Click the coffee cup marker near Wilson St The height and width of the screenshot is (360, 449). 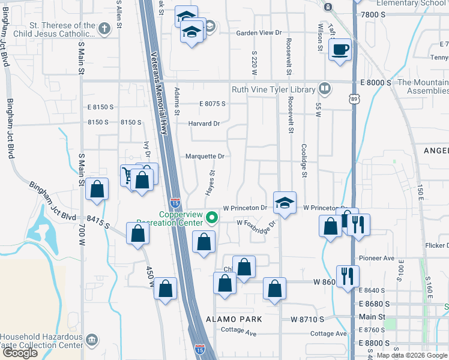coord(340,49)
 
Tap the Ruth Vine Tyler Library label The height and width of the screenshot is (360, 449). coord(274,90)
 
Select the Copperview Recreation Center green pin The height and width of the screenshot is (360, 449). coord(211,217)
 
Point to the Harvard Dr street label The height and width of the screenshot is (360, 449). coord(204,124)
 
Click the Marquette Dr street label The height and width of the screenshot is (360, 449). coord(205,156)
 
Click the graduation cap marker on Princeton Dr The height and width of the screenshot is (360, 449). coord(285,203)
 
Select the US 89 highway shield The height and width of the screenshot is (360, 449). coord(351,96)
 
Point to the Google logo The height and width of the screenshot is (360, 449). coord(20,353)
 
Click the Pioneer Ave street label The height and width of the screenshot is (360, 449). coord(376,258)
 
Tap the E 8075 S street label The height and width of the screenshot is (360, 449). coord(212,104)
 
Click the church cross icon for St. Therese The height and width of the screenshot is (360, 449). coord(104,28)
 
